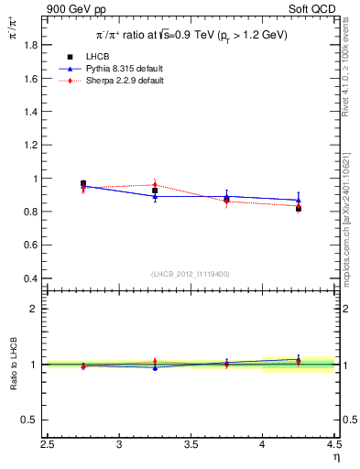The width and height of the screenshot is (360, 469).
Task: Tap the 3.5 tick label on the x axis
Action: (191, 445)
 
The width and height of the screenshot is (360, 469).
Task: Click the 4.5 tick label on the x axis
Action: (333, 445)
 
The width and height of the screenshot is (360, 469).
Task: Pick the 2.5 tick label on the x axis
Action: (48, 445)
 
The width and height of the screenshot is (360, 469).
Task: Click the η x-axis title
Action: (334, 457)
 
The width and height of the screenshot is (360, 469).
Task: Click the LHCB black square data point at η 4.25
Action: (298, 209)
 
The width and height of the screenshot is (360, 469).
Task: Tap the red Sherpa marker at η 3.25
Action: (155, 185)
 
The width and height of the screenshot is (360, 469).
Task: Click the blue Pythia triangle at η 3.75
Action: (226, 196)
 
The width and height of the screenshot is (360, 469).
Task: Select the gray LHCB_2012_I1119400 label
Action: (191, 274)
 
